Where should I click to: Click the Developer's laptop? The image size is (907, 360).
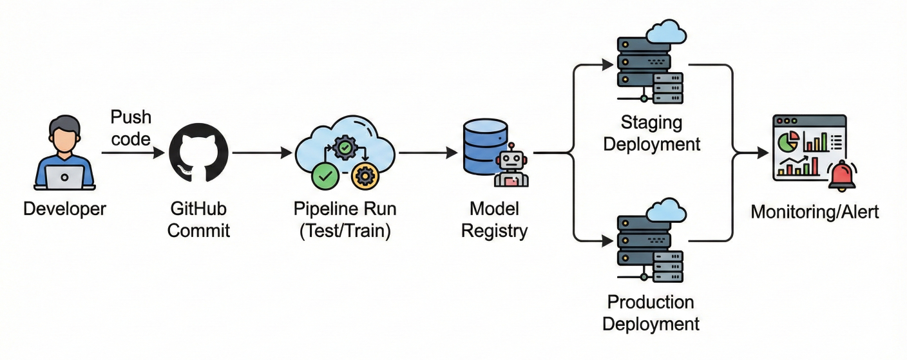click(x=64, y=177)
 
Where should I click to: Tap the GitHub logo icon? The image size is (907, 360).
click(x=198, y=153)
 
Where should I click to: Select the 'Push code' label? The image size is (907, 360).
click(x=131, y=128)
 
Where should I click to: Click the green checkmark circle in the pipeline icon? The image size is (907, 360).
click(x=323, y=176)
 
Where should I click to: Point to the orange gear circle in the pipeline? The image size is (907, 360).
click(x=364, y=176)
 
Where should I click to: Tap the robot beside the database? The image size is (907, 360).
click(x=511, y=167)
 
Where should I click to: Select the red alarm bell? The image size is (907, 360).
click(x=842, y=177)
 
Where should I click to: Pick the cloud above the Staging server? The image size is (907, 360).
click(x=665, y=30)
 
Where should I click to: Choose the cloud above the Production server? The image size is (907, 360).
click(x=665, y=211)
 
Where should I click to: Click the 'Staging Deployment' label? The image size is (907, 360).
click(x=651, y=133)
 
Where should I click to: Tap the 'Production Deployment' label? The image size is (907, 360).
click(x=651, y=312)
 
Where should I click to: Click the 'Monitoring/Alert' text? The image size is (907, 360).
click(x=814, y=212)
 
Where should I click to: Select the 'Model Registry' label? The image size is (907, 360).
click(x=494, y=220)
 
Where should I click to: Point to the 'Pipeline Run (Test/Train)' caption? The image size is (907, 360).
click(x=345, y=220)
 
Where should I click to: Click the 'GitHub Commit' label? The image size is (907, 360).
click(x=198, y=220)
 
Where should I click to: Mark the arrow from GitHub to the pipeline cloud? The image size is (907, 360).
click(x=262, y=153)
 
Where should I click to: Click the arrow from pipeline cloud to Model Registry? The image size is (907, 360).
click(x=428, y=153)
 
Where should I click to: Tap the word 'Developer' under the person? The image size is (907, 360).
click(x=64, y=209)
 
